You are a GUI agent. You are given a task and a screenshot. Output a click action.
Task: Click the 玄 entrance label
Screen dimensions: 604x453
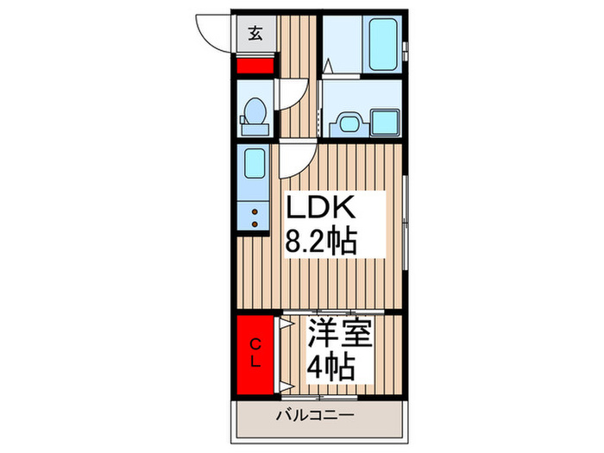click(255, 34)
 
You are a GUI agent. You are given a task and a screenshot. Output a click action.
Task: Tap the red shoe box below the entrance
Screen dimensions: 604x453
click(255, 65)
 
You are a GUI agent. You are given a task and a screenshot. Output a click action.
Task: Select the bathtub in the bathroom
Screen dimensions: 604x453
click(383, 45)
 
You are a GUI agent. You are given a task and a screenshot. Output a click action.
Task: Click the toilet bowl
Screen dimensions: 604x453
click(255, 111)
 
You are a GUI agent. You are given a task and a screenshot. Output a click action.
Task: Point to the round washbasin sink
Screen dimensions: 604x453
click(349, 123)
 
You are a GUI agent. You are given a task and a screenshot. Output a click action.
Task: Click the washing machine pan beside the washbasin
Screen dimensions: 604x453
click(385, 123)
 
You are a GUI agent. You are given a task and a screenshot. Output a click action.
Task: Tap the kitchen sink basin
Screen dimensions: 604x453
click(255, 163)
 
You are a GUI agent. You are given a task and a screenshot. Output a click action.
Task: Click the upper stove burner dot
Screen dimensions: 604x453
click(255, 211)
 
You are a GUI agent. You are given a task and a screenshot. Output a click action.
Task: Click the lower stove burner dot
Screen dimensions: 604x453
click(255, 223)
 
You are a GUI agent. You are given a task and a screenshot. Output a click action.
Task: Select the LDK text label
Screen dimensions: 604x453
click(319, 207)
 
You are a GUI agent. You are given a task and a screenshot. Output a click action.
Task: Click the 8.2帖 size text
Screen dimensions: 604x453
click(320, 242)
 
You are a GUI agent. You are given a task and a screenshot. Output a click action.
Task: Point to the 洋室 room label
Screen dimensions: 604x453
click(340, 334)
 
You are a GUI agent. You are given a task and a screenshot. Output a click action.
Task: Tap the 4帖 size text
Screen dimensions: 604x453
click(330, 367)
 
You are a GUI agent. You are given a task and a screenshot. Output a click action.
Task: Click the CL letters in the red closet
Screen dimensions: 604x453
click(255, 353)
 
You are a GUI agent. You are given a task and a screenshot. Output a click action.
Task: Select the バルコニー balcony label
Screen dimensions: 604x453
click(315, 415)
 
